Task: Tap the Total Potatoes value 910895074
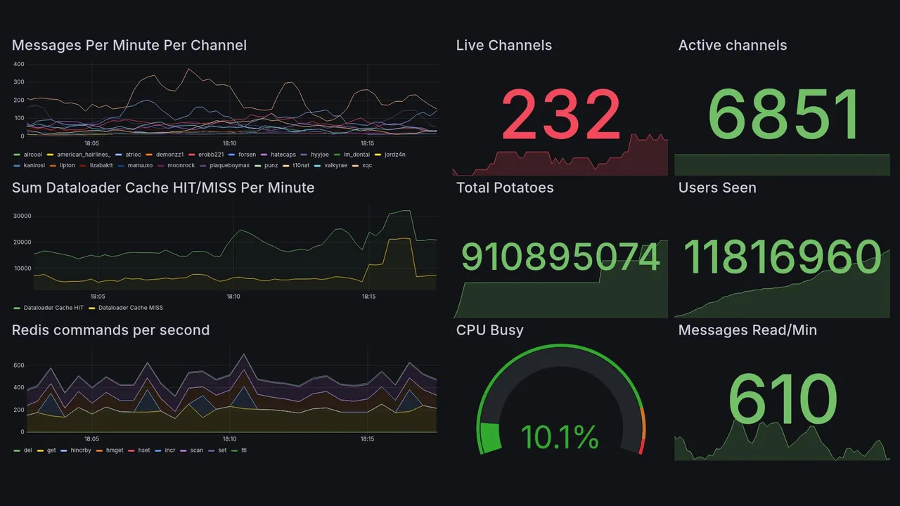(x=560, y=257)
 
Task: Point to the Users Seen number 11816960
(x=782, y=257)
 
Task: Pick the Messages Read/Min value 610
(x=783, y=398)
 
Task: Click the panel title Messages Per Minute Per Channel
(x=129, y=46)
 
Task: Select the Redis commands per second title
(x=110, y=330)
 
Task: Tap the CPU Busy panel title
(x=489, y=330)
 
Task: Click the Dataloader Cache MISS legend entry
(x=130, y=308)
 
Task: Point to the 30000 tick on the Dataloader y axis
(x=22, y=216)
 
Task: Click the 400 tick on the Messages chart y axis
(x=19, y=64)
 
